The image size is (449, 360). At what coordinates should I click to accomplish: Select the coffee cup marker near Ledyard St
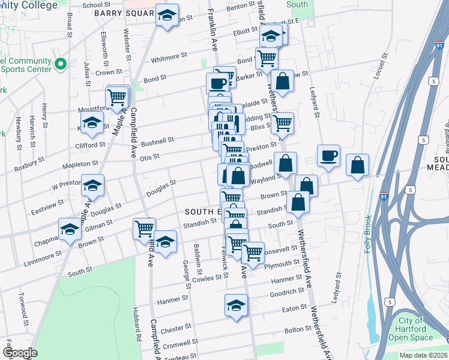328,156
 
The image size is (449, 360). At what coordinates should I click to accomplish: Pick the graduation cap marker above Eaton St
236,305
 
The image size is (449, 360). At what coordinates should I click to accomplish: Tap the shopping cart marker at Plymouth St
253,252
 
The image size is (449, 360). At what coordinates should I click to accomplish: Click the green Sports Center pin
60,64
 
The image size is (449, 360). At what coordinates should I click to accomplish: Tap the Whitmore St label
165,58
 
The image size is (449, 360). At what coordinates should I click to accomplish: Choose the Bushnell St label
157,142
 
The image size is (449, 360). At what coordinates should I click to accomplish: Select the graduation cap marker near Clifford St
91,124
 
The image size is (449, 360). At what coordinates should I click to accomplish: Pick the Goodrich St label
288,292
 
